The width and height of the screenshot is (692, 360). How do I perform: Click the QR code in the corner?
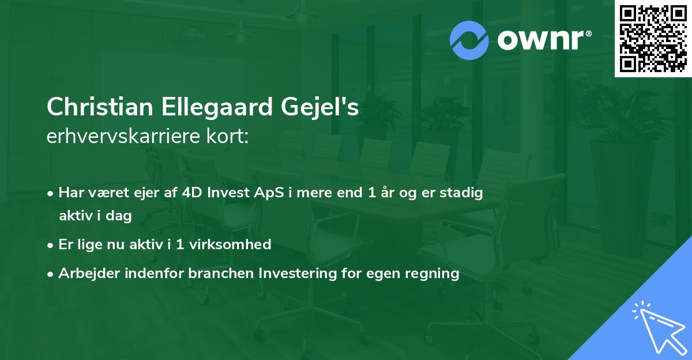[x=653, y=39]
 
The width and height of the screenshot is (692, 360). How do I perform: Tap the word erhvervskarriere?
[x=119, y=138]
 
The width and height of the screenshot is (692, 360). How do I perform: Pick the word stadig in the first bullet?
[x=462, y=193]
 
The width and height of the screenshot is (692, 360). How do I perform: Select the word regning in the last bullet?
[x=434, y=273]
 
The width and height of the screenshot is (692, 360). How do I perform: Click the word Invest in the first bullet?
[x=228, y=193]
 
